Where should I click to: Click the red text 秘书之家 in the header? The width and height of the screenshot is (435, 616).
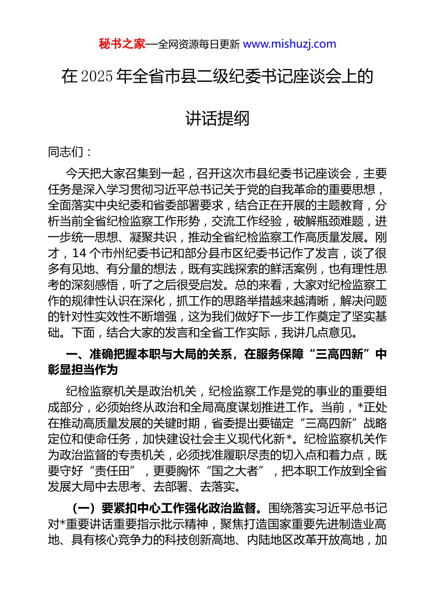tap(122, 44)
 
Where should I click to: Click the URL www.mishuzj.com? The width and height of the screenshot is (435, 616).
tap(289, 44)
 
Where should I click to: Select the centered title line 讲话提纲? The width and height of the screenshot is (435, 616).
tap(217, 119)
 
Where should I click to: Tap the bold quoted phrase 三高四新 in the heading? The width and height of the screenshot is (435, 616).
tap(339, 354)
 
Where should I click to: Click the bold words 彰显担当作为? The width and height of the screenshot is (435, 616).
tap(83, 370)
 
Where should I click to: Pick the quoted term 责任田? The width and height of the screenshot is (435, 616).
tap(113, 471)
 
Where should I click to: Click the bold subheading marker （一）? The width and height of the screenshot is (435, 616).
tap(84, 508)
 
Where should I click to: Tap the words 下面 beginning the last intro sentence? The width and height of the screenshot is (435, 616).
tap(83, 332)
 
